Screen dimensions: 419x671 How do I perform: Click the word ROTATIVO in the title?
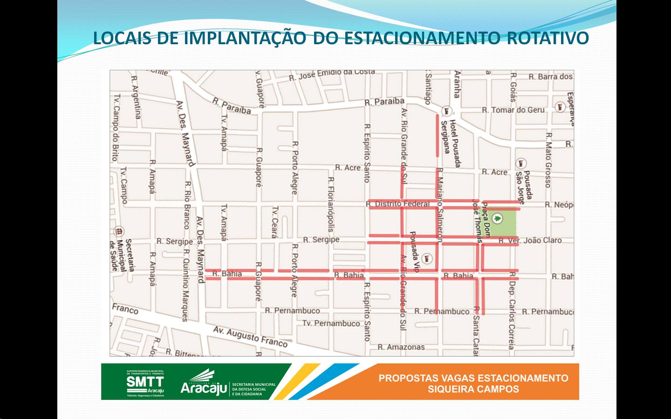click(x=548, y=38)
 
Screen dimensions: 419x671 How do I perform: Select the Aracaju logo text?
click(x=204, y=387)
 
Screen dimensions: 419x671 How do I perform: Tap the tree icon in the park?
click(x=499, y=218)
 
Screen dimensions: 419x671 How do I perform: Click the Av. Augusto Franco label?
click(x=250, y=336)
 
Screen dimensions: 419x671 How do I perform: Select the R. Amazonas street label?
click(x=401, y=347)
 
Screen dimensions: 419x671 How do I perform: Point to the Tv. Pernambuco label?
click(x=331, y=323)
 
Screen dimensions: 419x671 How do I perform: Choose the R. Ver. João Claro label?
click(x=530, y=240)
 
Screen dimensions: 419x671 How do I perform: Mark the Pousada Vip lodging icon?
click(x=427, y=258)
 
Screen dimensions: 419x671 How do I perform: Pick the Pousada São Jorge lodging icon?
click(x=521, y=163)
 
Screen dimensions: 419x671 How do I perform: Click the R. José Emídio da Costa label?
click(x=332, y=74)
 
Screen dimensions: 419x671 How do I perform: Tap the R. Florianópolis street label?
click(x=331, y=205)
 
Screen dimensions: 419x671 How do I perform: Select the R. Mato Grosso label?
click(x=548, y=160)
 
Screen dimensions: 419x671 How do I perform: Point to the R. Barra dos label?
click(x=550, y=76)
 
